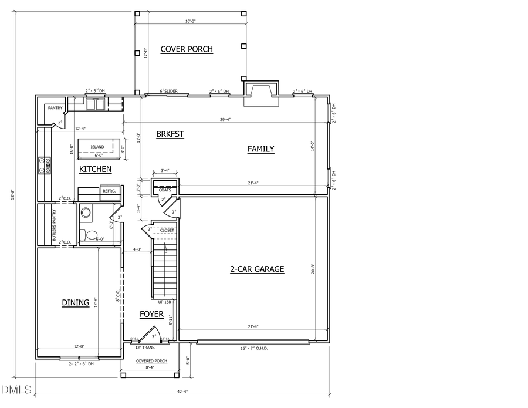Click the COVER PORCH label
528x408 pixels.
pos(187,49)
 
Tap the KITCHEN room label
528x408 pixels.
pos(95,169)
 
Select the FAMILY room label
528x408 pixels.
pos(260,149)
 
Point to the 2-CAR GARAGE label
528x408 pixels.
pos(256,269)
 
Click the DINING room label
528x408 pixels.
pos(76,303)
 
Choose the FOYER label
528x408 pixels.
pos(151,315)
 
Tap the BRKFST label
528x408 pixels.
pos(170,134)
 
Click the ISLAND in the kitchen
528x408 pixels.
pos(97,147)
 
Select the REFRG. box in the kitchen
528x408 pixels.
pos(109,191)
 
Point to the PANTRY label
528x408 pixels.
pos(55,108)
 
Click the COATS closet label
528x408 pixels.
pos(165,190)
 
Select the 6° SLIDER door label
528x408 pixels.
pos(169,92)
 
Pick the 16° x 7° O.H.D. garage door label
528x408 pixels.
pos(253,349)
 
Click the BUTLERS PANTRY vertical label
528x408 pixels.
pos(54,225)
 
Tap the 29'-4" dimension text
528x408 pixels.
pos(225,120)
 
